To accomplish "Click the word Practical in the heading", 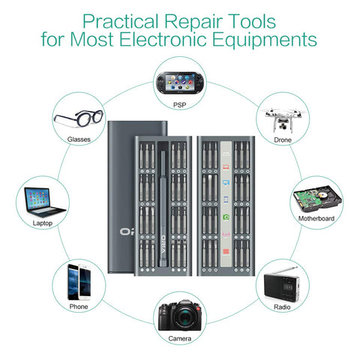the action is (121, 22).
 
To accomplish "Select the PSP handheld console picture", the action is (180, 82).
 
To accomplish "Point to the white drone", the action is (283, 119).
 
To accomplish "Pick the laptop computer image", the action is (43, 202).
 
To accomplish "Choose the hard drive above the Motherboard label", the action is (317, 199).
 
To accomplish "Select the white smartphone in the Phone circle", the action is (85, 283).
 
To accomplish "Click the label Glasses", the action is (79, 139).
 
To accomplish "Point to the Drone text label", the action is (283, 140).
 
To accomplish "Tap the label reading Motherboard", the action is (316, 218).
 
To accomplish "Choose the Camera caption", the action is (180, 338).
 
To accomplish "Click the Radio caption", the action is (282, 307).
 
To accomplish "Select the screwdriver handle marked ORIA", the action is (163, 208).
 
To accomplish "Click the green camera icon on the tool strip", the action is (226, 217).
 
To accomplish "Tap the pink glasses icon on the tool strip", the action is (226, 235).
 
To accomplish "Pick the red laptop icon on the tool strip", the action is (226, 167).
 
